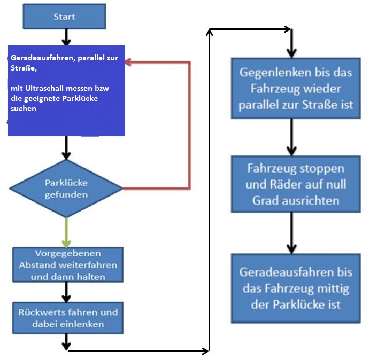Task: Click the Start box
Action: [x=64, y=17]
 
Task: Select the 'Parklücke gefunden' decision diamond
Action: [x=66, y=188]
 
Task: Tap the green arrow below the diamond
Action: [x=66, y=232]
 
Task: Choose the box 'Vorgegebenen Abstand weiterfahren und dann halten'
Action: [x=67, y=265]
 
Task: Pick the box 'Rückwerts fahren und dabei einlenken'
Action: [x=67, y=318]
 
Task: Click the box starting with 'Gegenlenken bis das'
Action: [x=296, y=88]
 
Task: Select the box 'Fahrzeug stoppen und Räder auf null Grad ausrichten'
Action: [x=296, y=184]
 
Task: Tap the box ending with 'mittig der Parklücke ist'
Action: [x=296, y=288]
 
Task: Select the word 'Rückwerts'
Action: [x=39, y=312]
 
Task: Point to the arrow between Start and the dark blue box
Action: [x=66, y=37]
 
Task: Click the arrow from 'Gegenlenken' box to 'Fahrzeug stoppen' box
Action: [x=291, y=137]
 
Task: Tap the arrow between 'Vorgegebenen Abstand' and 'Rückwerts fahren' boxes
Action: [x=66, y=292]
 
